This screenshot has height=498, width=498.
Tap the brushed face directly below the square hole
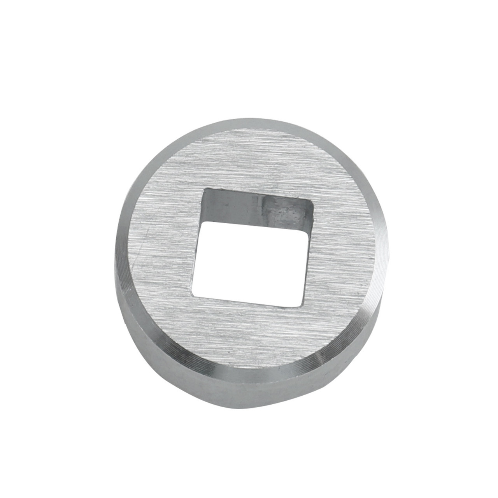pos(249,335)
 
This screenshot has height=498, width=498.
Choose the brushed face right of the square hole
pos(342,253)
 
